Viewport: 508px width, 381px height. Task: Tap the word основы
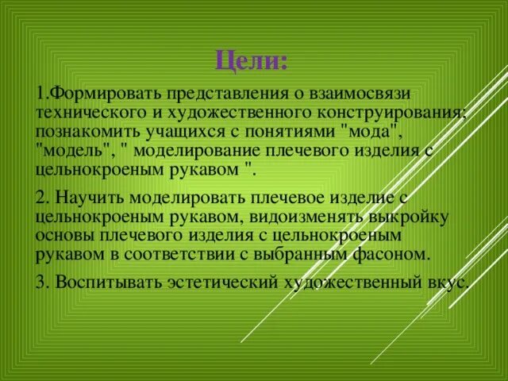coord(64,236)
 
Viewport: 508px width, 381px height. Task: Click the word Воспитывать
coord(99,282)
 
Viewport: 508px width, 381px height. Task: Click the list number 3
coord(40,282)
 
